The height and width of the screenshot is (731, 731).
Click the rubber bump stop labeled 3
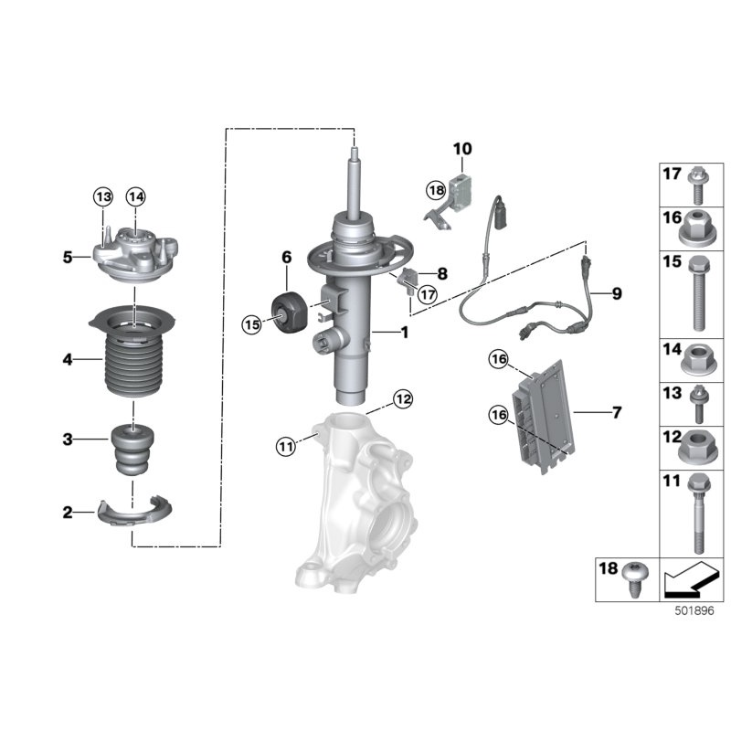pos(132,450)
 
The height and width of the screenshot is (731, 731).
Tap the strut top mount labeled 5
pos(135,255)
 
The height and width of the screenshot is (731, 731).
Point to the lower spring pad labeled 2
pos(134,511)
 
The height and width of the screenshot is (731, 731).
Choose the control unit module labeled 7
pos(544,417)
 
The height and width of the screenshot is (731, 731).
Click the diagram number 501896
pos(694,610)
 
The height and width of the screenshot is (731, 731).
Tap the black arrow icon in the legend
pos(688,579)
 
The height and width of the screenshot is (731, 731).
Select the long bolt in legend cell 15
pos(698,293)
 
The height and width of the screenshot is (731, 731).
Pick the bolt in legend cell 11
pos(698,513)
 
